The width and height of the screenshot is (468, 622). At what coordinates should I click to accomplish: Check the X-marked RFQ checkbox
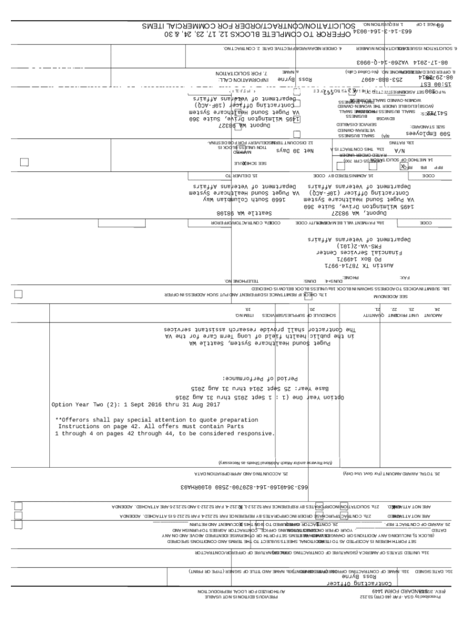(x=402, y=165)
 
